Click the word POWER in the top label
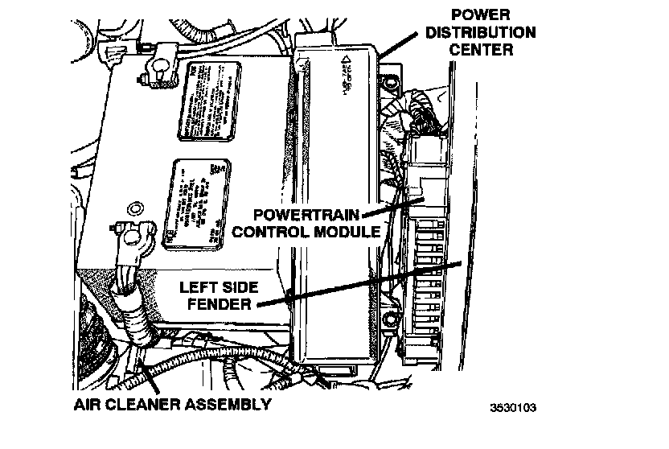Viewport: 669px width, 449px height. [x=481, y=14]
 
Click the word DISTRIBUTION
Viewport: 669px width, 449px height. [x=481, y=33]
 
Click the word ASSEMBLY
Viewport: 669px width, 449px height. [x=233, y=403]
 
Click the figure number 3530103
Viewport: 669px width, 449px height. [x=512, y=406]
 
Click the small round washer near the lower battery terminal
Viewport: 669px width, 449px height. [x=137, y=210]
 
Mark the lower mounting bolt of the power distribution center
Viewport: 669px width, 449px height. [x=391, y=321]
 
